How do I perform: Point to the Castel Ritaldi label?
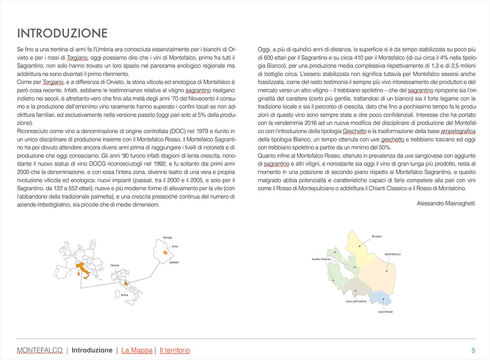[385, 312]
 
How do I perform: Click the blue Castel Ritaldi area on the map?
[380, 298]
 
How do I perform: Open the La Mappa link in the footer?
[137, 350]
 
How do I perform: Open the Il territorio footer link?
[175, 350]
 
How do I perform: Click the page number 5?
[473, 350]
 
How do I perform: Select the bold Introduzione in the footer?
[92, 350]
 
